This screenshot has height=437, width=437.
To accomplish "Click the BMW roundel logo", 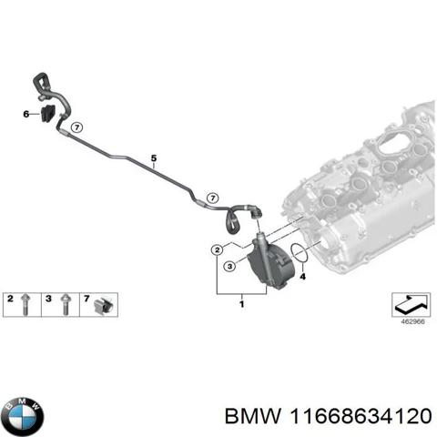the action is [22, 416].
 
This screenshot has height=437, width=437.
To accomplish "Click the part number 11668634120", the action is [361, 416].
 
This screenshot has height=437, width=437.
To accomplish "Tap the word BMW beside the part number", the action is [252, 416].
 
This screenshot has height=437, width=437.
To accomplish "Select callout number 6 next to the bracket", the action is [26, 114].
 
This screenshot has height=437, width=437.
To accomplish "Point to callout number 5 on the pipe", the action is [154, 158].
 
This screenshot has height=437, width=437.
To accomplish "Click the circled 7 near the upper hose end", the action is [76, 127].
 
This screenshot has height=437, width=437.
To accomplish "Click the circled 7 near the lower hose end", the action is [213, 198].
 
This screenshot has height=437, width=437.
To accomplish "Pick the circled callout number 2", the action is [217, 250].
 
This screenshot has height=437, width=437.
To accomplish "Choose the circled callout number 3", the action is [229, 267].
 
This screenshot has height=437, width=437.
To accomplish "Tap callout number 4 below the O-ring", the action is [302, 277].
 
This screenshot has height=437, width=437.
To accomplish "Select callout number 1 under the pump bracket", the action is [242, 304].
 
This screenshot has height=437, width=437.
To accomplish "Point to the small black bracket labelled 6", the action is [47, 113].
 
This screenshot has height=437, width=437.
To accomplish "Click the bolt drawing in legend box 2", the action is [25, 305].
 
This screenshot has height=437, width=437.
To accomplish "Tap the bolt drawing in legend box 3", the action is [64, 305].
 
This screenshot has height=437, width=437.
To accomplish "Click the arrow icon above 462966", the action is [411, 305].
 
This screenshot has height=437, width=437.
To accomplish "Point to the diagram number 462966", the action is [412, 321].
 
